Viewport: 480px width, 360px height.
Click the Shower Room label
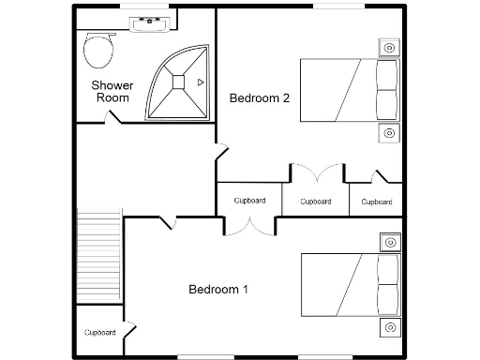pyautogui.click(x=112, y=91)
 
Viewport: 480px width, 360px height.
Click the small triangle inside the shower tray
pyautogui.click(x=200, y=82)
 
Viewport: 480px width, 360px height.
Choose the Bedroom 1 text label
pyautogui.click(x=218, y=289)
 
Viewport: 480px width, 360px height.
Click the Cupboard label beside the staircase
pyautogui.click(x=99, y=333)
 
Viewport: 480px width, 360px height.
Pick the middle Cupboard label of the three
pyautogui.click(x=315, y=201)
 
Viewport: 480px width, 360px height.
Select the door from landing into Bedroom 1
pyautogui.click(x=169, y=222)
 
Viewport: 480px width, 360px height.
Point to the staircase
pyautogui.click(x=99, y=257)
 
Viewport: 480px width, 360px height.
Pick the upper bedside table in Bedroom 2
pyautogui.click(x=389, y=47)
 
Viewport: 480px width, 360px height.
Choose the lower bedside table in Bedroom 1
pyautogui.click(x=389, y=327)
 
